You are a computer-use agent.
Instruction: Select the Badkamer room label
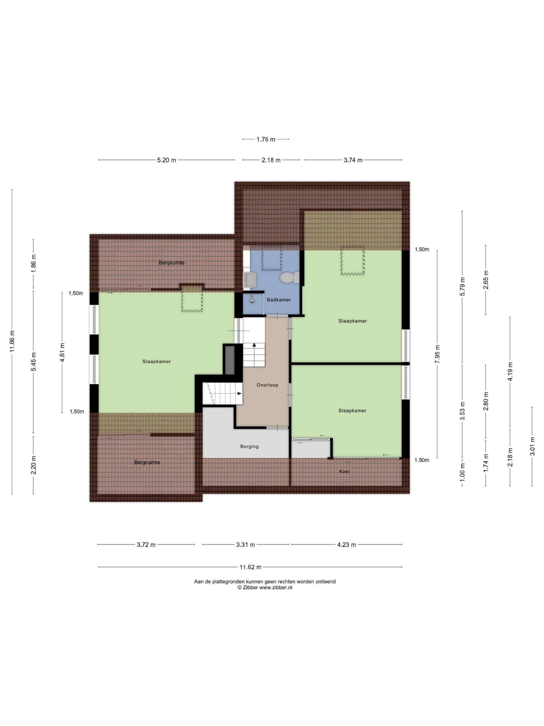pyautogui.click(x=279, y=300)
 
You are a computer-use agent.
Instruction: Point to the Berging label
pyautogui.click(x=250, y=446)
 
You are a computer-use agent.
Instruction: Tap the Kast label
pyautogui.click(x=344, y=471)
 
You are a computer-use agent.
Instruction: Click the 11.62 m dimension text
pyautogui.click(x=250, y=567)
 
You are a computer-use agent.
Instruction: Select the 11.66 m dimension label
pyautogui.click(x=12, y=341)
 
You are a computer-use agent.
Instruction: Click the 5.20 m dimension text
pyautogui.click(x=167, y=160)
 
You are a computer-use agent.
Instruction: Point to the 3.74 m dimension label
pyautogui.click(x=353, y=160)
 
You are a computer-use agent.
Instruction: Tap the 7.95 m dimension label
pyautogui.click(x=437, y=354)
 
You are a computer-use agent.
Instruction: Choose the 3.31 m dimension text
pyautogui.click(x=246, y=545)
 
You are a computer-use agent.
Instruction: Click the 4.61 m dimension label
pyautogui.click(x=62, y=352)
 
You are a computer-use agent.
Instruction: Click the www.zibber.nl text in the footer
pyautogui.click(x=276, y=588)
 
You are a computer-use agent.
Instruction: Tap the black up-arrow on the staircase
pyautogui.click(x=254, y=345)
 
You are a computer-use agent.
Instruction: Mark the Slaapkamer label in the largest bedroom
pyautogui.click(x=156, y=361)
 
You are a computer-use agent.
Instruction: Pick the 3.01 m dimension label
pyautogui.click(x=532, y=446)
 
